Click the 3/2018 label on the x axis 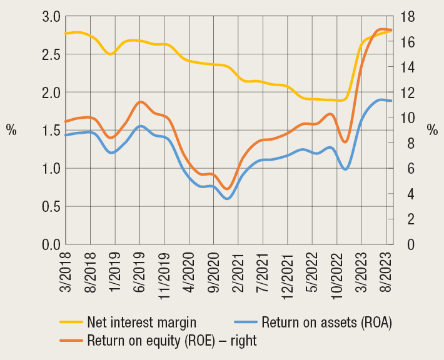coord(66,271)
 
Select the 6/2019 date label coord(140,271)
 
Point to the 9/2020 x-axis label coord(214,271)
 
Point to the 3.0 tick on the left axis coord(51,16)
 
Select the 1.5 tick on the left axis coord(51,130)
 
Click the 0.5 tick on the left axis coord(51,206)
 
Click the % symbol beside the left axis coord(11,130)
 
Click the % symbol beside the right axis coord(432,130)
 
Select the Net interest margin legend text coord(142,322)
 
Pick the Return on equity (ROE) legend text coord(172,341)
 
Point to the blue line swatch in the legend coord(245,322)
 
